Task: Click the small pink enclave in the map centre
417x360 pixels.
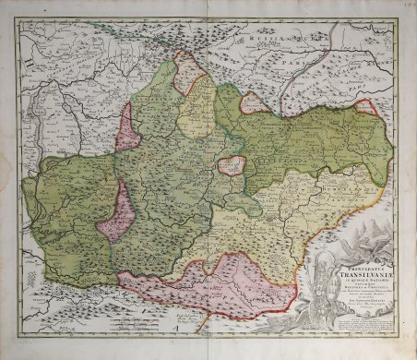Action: pos(232,166)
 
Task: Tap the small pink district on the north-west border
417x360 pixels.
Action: pos(129,129)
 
